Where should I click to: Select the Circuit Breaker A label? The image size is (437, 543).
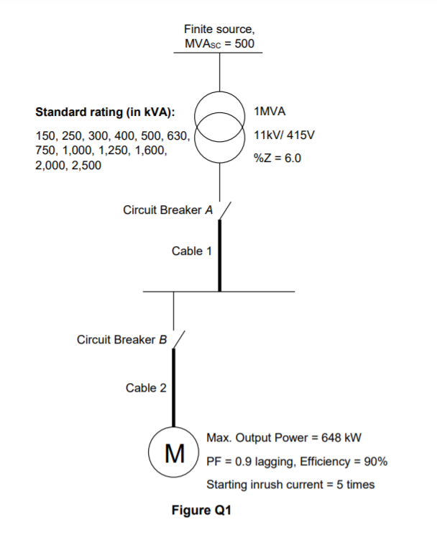[x=168, y=210]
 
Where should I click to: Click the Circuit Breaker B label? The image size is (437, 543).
[x=121, y=339]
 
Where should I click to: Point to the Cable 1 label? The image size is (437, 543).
[x=192, y=251]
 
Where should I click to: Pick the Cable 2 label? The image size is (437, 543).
[x=146, y=388]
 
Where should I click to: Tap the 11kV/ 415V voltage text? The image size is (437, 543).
[x=285, y=135]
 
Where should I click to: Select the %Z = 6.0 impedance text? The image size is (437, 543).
[x=277, y=158]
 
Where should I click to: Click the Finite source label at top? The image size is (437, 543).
[x=219, y=30]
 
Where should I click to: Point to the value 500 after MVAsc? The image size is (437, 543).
[x=244, y=44]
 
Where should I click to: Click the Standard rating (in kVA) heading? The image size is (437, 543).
[x=105, y=112]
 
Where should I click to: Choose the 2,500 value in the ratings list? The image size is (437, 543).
[x=86, y=166]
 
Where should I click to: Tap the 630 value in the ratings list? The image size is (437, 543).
[x=176, y=135]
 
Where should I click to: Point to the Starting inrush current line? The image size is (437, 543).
[x=290, y=484]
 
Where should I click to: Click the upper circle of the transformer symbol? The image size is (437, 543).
[x=220, y=109]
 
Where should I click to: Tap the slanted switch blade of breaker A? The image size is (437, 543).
[x=224, y=209]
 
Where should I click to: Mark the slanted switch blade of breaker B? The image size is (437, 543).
[x=179, y=338]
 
